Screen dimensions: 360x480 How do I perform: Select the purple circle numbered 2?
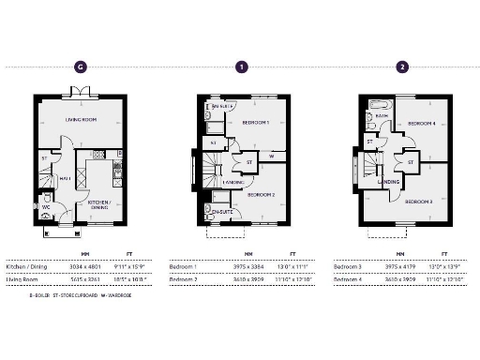(402, 67)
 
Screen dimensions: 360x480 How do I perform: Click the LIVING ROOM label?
(82, 120)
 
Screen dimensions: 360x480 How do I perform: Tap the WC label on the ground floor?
(46, 206)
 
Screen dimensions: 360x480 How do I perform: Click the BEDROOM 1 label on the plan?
(255, 123)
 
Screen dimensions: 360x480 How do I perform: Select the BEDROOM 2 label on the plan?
(260, 194)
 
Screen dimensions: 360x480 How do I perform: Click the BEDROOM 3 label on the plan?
(419, 202)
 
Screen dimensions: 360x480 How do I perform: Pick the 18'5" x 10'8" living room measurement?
(136, 278)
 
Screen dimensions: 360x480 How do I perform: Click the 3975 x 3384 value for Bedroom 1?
(249, 266)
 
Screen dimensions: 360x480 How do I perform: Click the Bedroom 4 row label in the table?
(349, 278)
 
